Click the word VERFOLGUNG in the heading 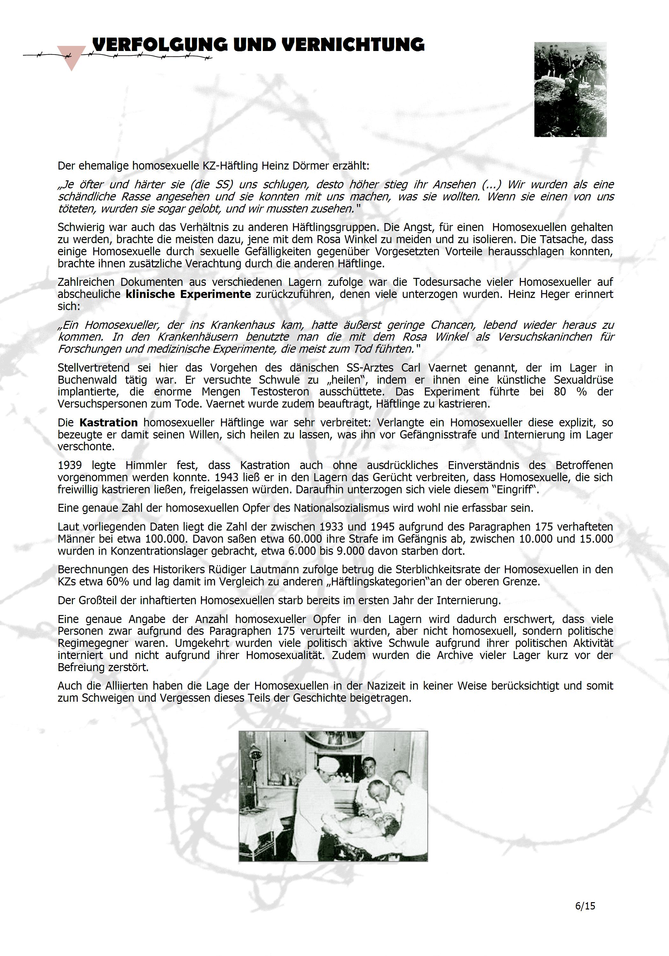tap(160, 45)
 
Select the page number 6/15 tap(585, 906)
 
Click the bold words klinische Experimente tap(188, 294)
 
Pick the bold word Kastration tap(108, 423)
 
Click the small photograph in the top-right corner tap(570, 89)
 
